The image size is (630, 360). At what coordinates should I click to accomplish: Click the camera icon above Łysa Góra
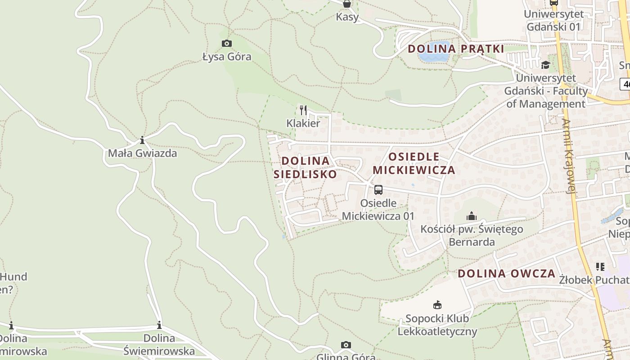point(227,44)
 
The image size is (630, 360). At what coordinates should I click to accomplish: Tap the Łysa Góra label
point(227,57)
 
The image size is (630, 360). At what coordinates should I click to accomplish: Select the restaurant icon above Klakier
point(303,110)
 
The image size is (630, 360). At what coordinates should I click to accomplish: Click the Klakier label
point(303,123)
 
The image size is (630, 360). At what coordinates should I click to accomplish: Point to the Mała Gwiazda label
point(142,153)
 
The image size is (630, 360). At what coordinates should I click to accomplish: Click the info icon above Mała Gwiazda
point(142,140)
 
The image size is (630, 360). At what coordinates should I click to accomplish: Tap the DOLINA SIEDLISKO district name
point(305,167)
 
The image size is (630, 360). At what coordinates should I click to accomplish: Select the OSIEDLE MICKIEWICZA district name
point(414,163)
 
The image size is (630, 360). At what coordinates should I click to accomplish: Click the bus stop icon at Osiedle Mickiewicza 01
point(378,190)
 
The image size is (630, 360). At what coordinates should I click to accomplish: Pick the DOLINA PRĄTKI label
point(456,49)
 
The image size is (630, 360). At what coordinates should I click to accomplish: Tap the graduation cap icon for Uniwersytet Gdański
point(545,65)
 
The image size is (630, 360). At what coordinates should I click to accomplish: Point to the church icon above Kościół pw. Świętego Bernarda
point(472,216)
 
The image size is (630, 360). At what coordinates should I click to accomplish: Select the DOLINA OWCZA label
point(507,274)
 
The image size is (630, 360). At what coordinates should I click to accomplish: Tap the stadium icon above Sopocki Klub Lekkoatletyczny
point(437,305)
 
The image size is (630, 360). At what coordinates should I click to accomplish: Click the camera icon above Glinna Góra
point(346,345)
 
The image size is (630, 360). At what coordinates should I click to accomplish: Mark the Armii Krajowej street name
point(569,156)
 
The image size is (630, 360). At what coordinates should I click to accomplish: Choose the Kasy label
point(347,17)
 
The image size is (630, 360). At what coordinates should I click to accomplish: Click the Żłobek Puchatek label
point(594,280)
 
